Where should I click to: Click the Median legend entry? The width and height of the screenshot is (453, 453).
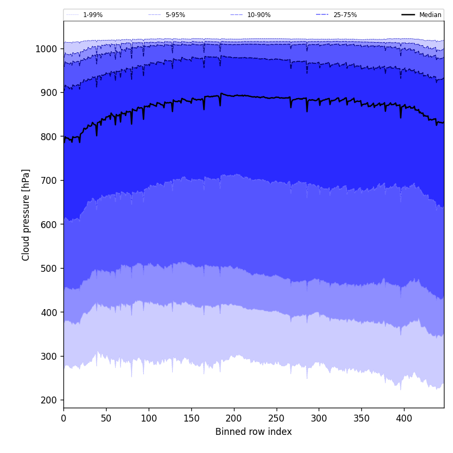[430, 15]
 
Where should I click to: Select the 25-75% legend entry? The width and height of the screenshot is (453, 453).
[345, 15]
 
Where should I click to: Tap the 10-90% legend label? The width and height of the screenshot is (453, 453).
[258, 15]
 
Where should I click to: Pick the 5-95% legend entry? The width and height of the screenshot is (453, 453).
[175, 15]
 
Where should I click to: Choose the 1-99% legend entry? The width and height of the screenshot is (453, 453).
[93, 15]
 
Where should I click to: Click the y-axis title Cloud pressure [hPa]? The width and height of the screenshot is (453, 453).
[26, 215]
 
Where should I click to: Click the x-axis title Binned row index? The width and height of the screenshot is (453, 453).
[254, 432]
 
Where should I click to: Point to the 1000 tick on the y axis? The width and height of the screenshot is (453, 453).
[47, 49]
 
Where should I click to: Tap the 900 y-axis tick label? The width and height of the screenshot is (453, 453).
[49, 93]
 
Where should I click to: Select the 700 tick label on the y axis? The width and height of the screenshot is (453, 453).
[49, 181]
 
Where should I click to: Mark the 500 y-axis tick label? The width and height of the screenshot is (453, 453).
[49, 268]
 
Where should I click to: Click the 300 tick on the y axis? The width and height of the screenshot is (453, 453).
[49, 356]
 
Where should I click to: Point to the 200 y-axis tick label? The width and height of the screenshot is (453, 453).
[49, 400]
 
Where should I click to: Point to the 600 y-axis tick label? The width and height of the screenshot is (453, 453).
[49, 224]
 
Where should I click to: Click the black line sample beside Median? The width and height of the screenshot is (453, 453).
[409, 15]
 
